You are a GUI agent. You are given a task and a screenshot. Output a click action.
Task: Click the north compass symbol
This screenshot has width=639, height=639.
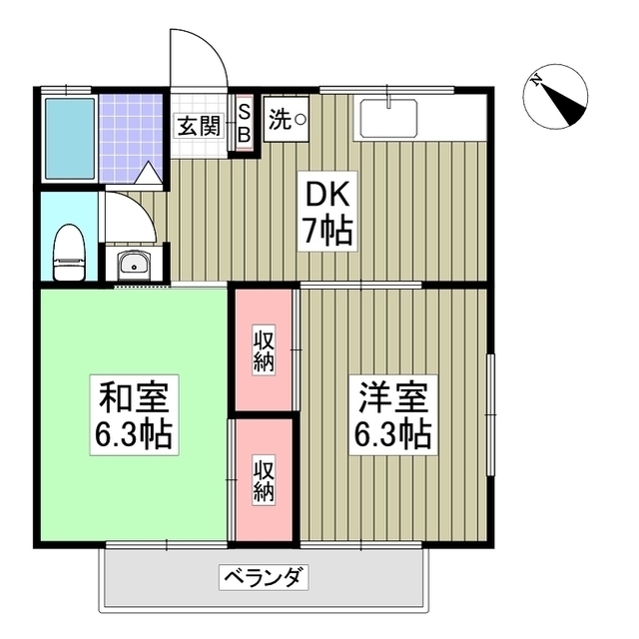pyautogui.click(x=554, y=97)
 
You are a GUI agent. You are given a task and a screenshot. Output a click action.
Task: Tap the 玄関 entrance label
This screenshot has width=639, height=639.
pyautogui.click(x=198, y=126)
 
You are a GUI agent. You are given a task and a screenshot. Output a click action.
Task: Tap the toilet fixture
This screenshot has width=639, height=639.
pyautogui.click(x=68, y=253)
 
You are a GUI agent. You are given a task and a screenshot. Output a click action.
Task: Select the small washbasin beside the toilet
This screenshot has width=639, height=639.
pyautogui.click(x=133, y=266)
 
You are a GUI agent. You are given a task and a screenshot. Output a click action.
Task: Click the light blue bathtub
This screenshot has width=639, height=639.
pyautogui.click(x=69, y=138)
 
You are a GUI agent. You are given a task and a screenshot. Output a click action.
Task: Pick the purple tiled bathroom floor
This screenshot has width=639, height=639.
pyautogui.click(x=131, y=137)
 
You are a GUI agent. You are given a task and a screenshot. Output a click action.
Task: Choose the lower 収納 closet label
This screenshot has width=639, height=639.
pyautogui.click(x=264, y=480)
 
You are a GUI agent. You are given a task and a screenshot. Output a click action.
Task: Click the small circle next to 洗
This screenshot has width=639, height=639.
pyautogui.click(x=300, y=120)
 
